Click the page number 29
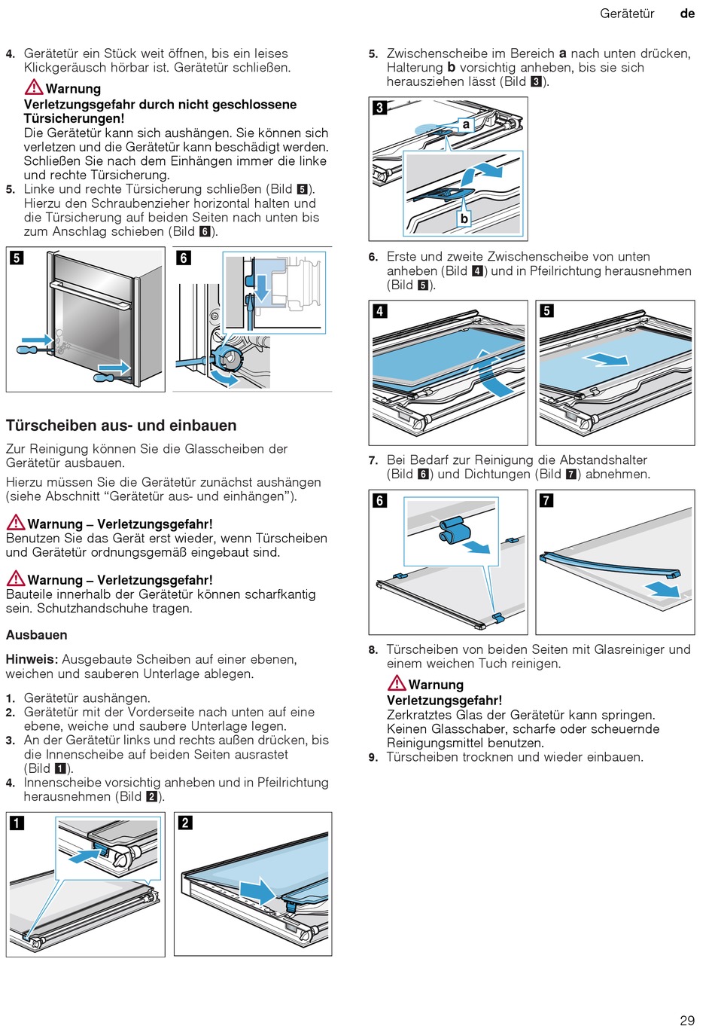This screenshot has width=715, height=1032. point(686,1020)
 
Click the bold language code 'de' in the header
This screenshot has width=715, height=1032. point(687,14)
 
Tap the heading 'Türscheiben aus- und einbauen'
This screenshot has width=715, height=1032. point(121,426)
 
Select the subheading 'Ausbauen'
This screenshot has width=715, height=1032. point(36,635)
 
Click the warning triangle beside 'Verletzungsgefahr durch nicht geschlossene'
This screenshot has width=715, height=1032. point(34,87)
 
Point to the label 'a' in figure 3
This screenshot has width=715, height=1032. point(466,124)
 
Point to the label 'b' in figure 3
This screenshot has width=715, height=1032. point(464,218)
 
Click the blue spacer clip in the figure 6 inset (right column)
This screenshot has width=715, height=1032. point(453,530)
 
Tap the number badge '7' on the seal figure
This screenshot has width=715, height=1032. point(546,500)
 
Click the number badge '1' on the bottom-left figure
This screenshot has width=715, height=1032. point(17,823)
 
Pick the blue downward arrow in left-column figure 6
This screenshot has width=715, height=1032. point(261,287)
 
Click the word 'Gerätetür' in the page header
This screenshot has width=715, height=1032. point(627,14)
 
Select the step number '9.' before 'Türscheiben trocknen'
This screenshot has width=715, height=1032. point(373,757)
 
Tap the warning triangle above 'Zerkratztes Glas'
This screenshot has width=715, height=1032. point(397,683)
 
